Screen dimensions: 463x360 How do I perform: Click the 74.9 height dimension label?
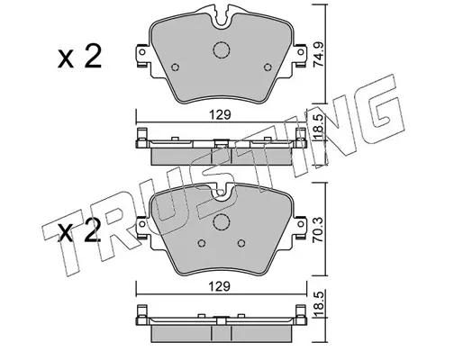click(x=318, y=54)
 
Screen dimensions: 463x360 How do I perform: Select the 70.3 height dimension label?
click(x=318, y=229)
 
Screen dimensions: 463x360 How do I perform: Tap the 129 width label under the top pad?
click(x=221, y=115)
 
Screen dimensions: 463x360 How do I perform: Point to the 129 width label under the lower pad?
click(x=220, y=286)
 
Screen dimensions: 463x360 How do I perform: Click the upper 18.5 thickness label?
click(x=318, y=128)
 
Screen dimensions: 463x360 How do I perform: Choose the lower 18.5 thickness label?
click(x=318, y=302)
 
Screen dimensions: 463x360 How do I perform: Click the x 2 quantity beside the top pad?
click(x=80, y=56)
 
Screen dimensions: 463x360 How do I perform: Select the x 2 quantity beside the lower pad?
click(x=80, y=230)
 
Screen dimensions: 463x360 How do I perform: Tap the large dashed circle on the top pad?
click(x=222, y=49)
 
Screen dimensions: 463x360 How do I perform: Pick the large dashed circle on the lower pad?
click(x=222, y=222)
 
